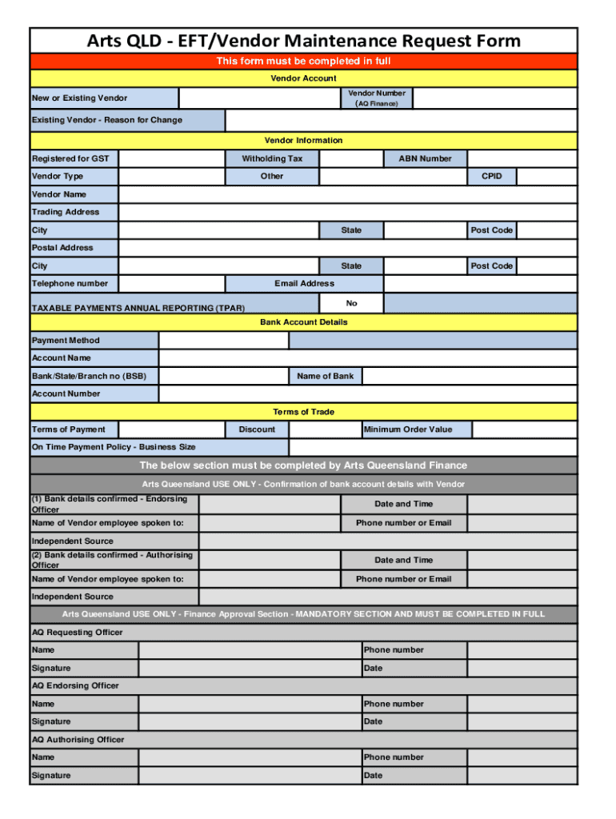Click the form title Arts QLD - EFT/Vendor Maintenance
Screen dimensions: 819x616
click(x=303, y=41)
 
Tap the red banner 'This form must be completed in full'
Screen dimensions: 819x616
click(x=303, y=62)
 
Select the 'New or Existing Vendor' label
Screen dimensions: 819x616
click(x=79, y=98)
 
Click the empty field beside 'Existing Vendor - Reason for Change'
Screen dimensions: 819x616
click(x=400, y=121)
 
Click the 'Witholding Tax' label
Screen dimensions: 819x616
click(x=272, y=158)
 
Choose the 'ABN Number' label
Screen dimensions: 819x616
click(x=425, y=158)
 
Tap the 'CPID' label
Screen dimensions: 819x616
click(x=491, y=176)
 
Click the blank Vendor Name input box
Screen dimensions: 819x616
click(x=347, y=194)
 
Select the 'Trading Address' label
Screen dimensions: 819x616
click(x=66, y=212)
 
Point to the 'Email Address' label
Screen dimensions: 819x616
click(x=304, y=283)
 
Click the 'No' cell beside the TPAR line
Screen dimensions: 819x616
click(x=351, y=303)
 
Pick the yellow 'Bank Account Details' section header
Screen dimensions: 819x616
click(x=303, y=322)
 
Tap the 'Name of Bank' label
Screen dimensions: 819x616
click(x=325, y=376)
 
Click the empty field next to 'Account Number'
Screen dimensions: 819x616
click(x=367, y=394)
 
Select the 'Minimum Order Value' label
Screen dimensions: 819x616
click(x=408, y=429)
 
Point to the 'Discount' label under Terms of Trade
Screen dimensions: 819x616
click(x=257, y=429)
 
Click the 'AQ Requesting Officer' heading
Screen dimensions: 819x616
click(x=78, y=633)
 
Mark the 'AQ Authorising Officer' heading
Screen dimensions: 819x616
click(x=78, y=740)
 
